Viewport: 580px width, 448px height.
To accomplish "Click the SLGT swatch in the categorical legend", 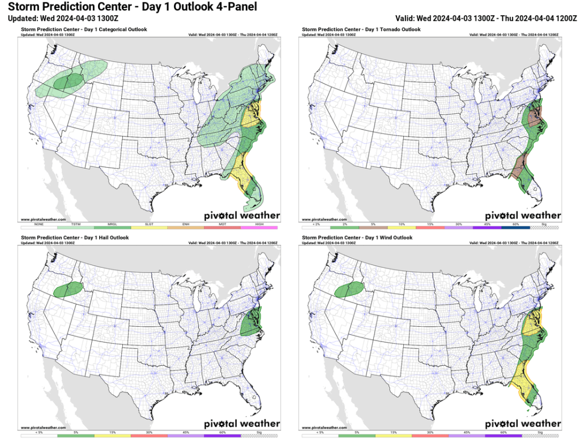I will pyautogui.click(x=150, y=227).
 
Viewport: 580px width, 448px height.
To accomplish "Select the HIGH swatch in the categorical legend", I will pyautogui.click(x=259, y=227).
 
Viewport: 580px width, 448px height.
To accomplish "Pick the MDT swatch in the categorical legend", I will pyautogui.click(x=223, y=227).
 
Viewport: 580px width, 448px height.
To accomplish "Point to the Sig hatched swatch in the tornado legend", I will pyautogui.click(x=550, y=227).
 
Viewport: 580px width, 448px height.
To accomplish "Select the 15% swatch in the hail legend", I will pyautogui.click(x=112, y=436).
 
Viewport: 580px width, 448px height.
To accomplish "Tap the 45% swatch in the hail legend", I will pyautogui.click(x=186, y=436).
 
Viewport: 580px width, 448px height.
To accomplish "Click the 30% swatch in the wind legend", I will pyautogui.click(x=430, y=436).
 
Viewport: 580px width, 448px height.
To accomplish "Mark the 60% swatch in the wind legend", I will pyautogui.click(x=503, y=436).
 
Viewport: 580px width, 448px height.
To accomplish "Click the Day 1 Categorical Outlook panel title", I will pyautogui.click(x=83, y=29).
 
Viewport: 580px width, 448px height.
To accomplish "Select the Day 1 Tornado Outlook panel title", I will pyautogui.click(x=361, y=29).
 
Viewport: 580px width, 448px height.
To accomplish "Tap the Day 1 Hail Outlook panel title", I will pyautogui.click(x=75, y=238).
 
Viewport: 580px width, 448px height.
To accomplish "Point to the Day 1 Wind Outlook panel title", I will pyautogui.click(x=357, y=238).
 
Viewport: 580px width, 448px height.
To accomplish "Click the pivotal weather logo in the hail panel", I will pyautogui.click(x=242, y=423).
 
